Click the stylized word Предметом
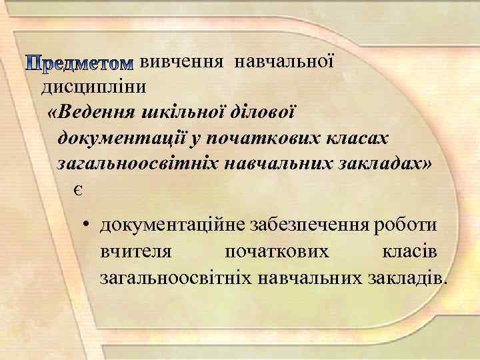80,64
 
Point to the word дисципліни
95,87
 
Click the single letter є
79,190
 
